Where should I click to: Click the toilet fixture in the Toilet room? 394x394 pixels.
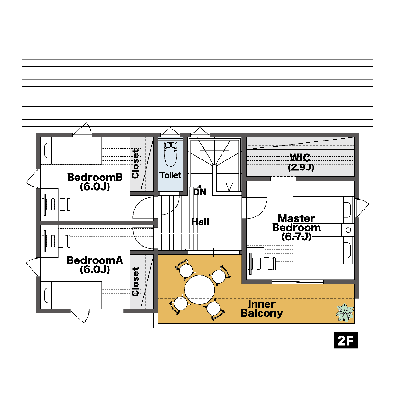click(x=170, y=154)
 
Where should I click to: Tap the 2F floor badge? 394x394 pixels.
click(x=346, y=340)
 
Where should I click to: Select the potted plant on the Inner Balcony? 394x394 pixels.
click(x=345, y=313)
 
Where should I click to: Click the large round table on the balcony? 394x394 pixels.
click(x=200, y=290)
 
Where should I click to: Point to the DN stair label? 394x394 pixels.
click(x=200, y=192)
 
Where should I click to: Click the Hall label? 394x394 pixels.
click(x=200, y=222)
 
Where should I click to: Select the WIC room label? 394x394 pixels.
click(x=300, y=158)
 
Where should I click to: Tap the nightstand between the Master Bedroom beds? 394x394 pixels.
click(x=348, y=230)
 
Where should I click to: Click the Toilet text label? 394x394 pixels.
click(x=170, y=175)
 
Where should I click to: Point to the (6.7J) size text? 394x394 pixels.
click(x=296, y=237)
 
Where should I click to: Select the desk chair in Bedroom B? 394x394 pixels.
click(x=64, y=204)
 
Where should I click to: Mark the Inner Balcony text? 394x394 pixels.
click(x=262, y=309)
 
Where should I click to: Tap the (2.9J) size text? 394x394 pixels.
click(x=301, y=167)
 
